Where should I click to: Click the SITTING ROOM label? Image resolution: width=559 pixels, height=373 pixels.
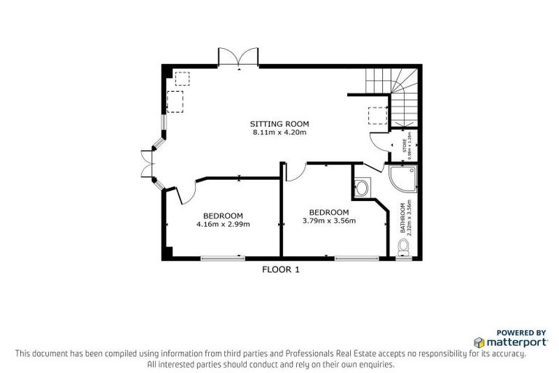pyautogui.click(x=279, y=124)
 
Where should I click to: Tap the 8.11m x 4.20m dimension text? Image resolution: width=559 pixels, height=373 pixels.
pyautogui.click(x=279, y=133)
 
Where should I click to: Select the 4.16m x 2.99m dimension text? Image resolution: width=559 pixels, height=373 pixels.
pyautogui.click(x=223, y=224)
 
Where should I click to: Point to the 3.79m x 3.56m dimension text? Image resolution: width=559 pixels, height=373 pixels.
pyautogui.click(x=328, y=221)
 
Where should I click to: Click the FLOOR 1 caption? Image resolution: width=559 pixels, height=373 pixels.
pyautogui.click(x=280, y=269)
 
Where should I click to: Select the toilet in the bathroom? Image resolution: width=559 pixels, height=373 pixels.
pyautogui.click(x=405, y=250)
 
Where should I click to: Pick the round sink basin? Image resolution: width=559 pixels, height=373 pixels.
pyautogui.click(x=362, y=188)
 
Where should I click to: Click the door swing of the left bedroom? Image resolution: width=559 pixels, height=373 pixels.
pyautogui.click(x=185, y=191)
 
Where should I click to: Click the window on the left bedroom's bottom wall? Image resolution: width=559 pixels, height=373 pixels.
pyautogui.click(x=222, y=256)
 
